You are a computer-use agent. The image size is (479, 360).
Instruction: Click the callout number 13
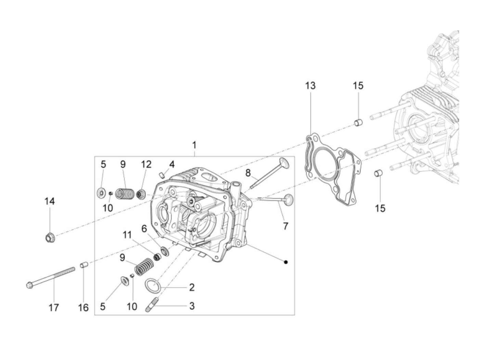point(310,86)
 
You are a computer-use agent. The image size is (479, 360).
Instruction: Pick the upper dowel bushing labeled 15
point(358,122)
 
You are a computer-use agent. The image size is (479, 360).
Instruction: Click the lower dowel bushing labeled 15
point(378,173)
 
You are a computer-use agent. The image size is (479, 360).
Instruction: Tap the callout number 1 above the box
point(194,145)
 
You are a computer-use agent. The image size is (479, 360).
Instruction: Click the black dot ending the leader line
point(286,262)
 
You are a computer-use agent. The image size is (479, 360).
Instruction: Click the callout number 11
point(128,235)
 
